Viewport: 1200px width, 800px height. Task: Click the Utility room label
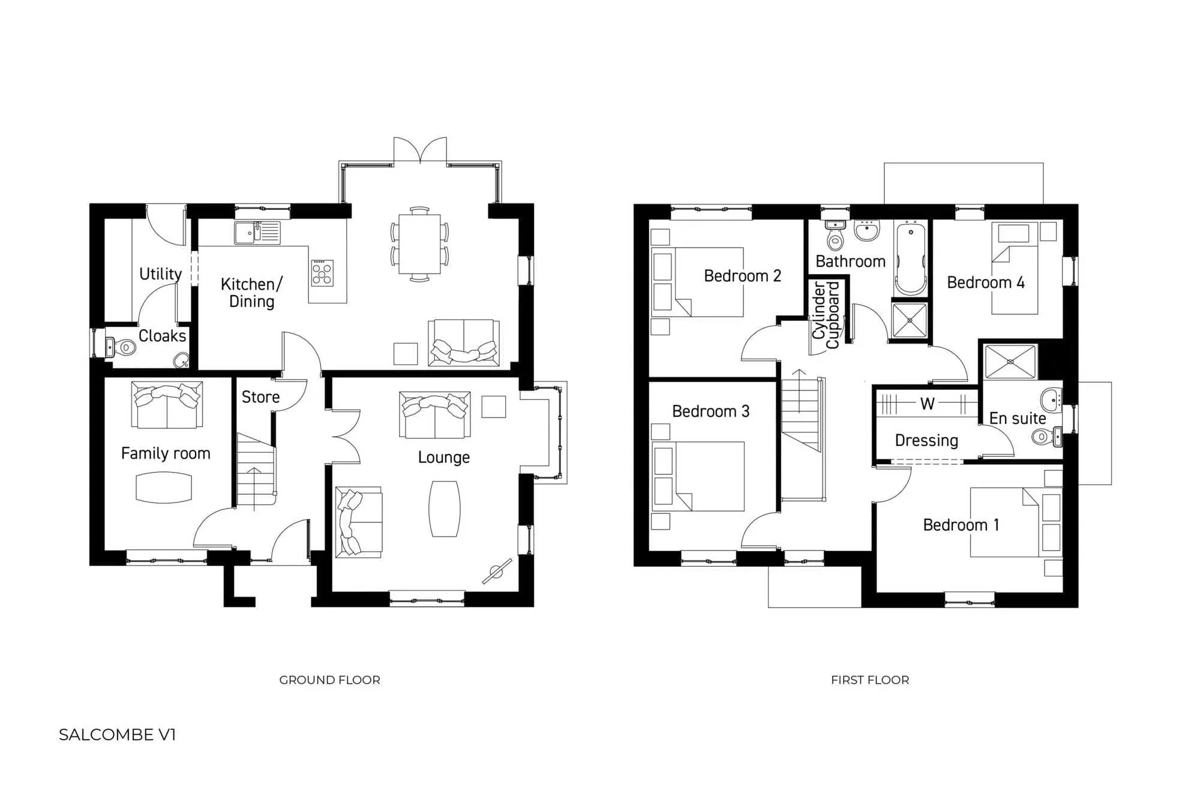coord(160,274)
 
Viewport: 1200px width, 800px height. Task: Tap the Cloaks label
coord(162,336)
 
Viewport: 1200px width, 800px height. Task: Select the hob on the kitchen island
coord(322,272)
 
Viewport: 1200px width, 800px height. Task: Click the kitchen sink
coord(257,233)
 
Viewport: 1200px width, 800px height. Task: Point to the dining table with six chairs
coord(419,243)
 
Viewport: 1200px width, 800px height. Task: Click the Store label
coord(260,397)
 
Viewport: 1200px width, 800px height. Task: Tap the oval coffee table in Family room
coord(164,488)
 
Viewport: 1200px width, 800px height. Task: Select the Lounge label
coord(443,458)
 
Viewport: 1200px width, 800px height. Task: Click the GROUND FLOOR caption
coord(329,680)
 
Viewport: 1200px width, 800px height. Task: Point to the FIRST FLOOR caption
coord(869,680)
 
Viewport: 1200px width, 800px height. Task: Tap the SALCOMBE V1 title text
coord(117,735)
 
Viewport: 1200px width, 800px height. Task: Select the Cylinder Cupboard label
coord(826,315)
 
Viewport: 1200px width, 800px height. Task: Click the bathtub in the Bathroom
coord(910,258)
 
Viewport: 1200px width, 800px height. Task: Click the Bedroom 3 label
coord(710,411)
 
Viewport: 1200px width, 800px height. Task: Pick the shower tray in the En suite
coord(1010,362)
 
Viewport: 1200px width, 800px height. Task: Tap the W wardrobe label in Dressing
coord(927,404)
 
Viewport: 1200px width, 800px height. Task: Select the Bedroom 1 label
coord(961,525)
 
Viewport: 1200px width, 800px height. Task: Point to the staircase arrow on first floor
coord(799,390)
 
